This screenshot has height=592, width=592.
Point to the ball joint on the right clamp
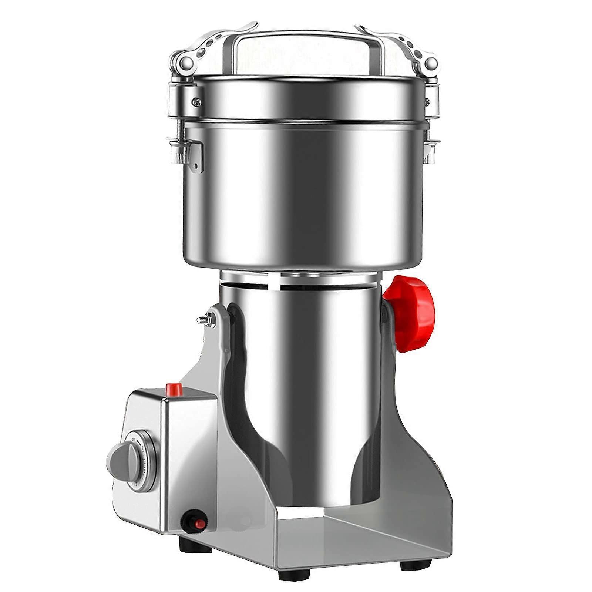(x=430, y=63)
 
